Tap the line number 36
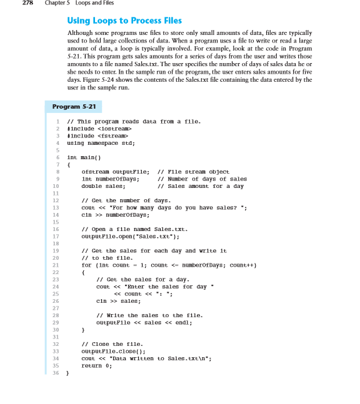pos(55,373)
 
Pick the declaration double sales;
pos(104,185)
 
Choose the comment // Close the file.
pos(112,344)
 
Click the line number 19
pos(55,251)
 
